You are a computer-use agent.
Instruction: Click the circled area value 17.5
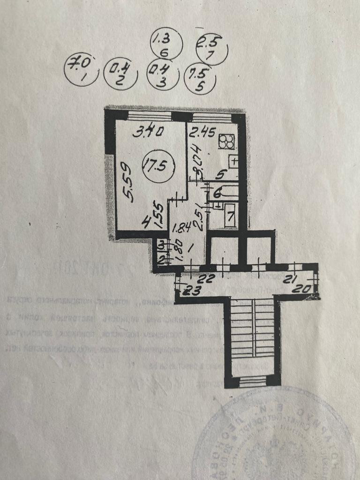pyautogui.click(x=157, y=166)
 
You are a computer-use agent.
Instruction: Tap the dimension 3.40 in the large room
pyautogui.click(x=148, y=132)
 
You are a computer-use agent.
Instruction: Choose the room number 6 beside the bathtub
pyautogui.click(x=217, y=192)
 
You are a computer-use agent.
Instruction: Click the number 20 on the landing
pyautogui.click(x=303, y=289)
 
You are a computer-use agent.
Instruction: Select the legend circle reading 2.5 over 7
pyautogui.click(x=211, y=49)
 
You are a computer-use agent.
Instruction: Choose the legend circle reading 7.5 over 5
pyautogui.click(x=200, y=78)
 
